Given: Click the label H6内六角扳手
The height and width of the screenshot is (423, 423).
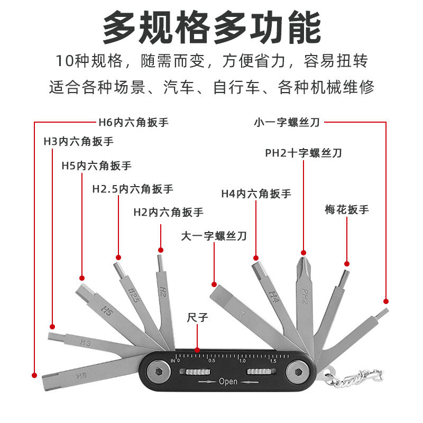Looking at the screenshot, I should (133, 123).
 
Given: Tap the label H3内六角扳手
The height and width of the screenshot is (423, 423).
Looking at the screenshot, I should (78, 142).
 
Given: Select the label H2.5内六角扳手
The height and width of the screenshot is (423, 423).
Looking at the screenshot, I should (132, 189).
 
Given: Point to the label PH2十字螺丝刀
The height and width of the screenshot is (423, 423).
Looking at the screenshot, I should (304, 153).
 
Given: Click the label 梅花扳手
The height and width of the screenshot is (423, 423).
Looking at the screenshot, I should (346, 209).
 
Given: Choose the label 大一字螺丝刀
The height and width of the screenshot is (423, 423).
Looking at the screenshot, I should (214, 236).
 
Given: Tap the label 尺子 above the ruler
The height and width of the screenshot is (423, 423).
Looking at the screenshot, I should (197, 318).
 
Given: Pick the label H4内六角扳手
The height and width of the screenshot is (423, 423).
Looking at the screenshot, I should (256, 194).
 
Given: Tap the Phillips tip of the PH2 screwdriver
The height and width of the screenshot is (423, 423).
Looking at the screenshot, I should (303, 263).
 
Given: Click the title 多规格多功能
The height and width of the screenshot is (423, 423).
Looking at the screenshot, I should (212, 27).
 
